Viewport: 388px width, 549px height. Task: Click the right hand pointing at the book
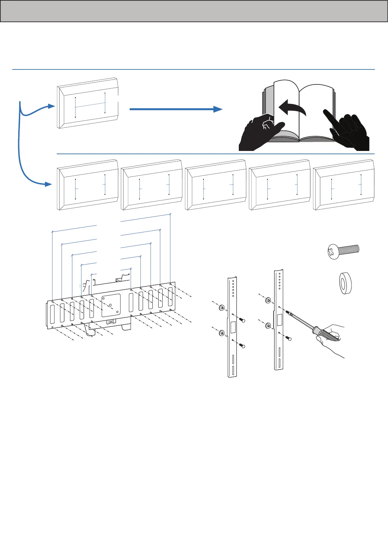tap(349, 130)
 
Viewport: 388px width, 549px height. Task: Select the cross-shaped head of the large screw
tap(333, 252)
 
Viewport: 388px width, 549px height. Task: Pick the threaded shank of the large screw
tap(349, 250)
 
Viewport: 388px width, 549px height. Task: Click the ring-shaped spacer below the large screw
tap(344, 283)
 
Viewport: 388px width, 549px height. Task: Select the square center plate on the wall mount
tap(111, 305)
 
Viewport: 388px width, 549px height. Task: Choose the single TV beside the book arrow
tap(87, 103)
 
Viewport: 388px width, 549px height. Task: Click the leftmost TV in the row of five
tap(87, 185)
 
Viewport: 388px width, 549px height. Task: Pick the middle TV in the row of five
tap(215, 185)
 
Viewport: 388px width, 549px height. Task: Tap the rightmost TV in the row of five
tap(343, 185)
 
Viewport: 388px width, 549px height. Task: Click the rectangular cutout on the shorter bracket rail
tap(233, 327)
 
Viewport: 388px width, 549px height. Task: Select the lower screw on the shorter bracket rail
tap(242, 346)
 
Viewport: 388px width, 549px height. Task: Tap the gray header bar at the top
tap(194, 11)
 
